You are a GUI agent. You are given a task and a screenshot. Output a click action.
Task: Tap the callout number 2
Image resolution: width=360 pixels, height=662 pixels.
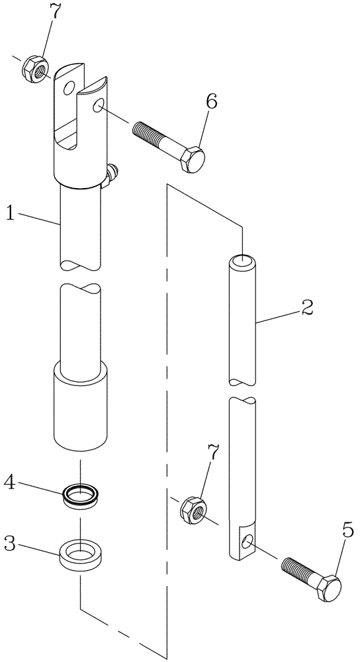306,307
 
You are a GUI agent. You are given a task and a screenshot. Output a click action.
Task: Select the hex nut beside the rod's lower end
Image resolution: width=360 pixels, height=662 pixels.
193,508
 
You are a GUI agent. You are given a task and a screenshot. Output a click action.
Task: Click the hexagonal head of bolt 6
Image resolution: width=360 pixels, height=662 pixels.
191,158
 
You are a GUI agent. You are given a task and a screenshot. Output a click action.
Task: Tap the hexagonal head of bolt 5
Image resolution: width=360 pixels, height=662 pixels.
326,588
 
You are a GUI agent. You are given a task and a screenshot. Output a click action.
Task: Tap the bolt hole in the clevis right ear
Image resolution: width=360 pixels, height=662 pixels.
98,106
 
